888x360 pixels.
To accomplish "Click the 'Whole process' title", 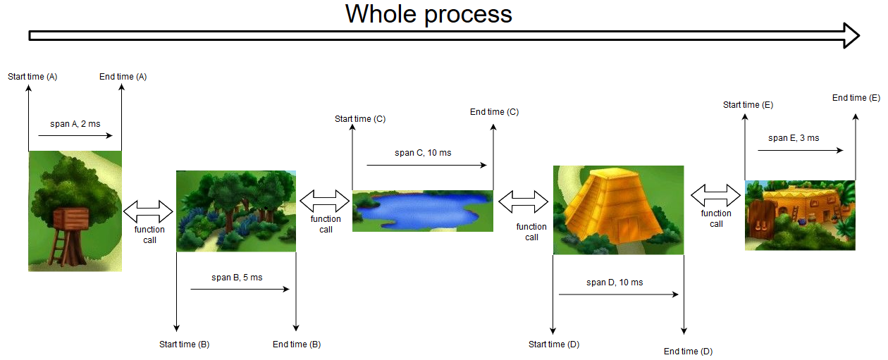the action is tap(428, 15).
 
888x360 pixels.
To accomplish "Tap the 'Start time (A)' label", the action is tap(32, 77).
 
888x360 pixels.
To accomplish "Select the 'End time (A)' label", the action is tap(123, 77).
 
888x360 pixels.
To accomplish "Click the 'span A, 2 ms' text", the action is tap(75, 124).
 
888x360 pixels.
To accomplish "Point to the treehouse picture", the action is tap(75, 211).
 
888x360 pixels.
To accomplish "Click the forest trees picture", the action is tap(236, 211).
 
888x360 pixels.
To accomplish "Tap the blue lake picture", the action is tap(423, 211).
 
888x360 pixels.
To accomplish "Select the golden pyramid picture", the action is tap(619, 210).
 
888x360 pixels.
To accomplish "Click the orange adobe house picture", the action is tap(800, 216).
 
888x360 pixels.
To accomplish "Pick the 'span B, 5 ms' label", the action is tap(237, 278).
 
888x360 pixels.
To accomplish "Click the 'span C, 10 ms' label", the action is tap(423, 153).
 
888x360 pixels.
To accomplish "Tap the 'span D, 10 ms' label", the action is tap(615, 283).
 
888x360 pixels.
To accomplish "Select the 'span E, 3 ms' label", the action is tap(794, 138).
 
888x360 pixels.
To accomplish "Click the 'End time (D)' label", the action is tap(688, 352).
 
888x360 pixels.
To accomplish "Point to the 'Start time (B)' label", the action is tap(185, 344).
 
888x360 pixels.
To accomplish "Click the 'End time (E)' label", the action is tap(856, 97).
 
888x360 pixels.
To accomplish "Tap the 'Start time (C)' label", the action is tap(360, 119).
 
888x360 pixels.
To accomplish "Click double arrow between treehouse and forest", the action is tap(148, 211).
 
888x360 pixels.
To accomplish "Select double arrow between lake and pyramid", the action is tap(523, 201).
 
